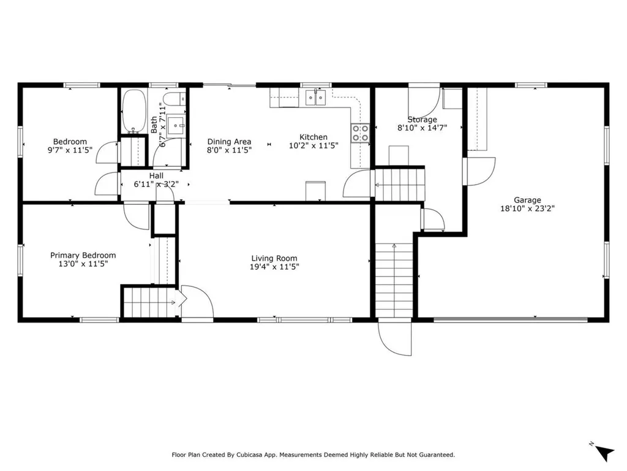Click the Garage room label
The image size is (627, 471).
pos(527,200)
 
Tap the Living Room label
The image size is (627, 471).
pos(274,258)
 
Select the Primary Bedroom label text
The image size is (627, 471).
pos(83,256)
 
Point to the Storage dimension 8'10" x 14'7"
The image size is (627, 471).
pos(422,128)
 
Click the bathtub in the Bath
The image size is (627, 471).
pos(133,112)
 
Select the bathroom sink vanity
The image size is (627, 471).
pos(176,126)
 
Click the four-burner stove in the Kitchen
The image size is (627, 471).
pos(360,133)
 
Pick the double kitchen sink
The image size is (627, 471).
pos(315,98)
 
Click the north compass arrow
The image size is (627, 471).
pos(604,453)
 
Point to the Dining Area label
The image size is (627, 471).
pos(229,142)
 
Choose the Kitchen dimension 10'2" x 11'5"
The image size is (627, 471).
pos(313,145)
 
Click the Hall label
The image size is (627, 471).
pos(156,176)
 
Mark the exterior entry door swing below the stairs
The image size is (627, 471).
pos(394,337)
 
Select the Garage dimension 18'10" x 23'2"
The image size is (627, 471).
pos(527,209)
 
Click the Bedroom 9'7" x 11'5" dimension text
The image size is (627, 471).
pos(70,150)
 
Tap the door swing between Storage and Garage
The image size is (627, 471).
pos(479,172)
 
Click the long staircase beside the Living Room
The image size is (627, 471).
pos(394,280)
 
